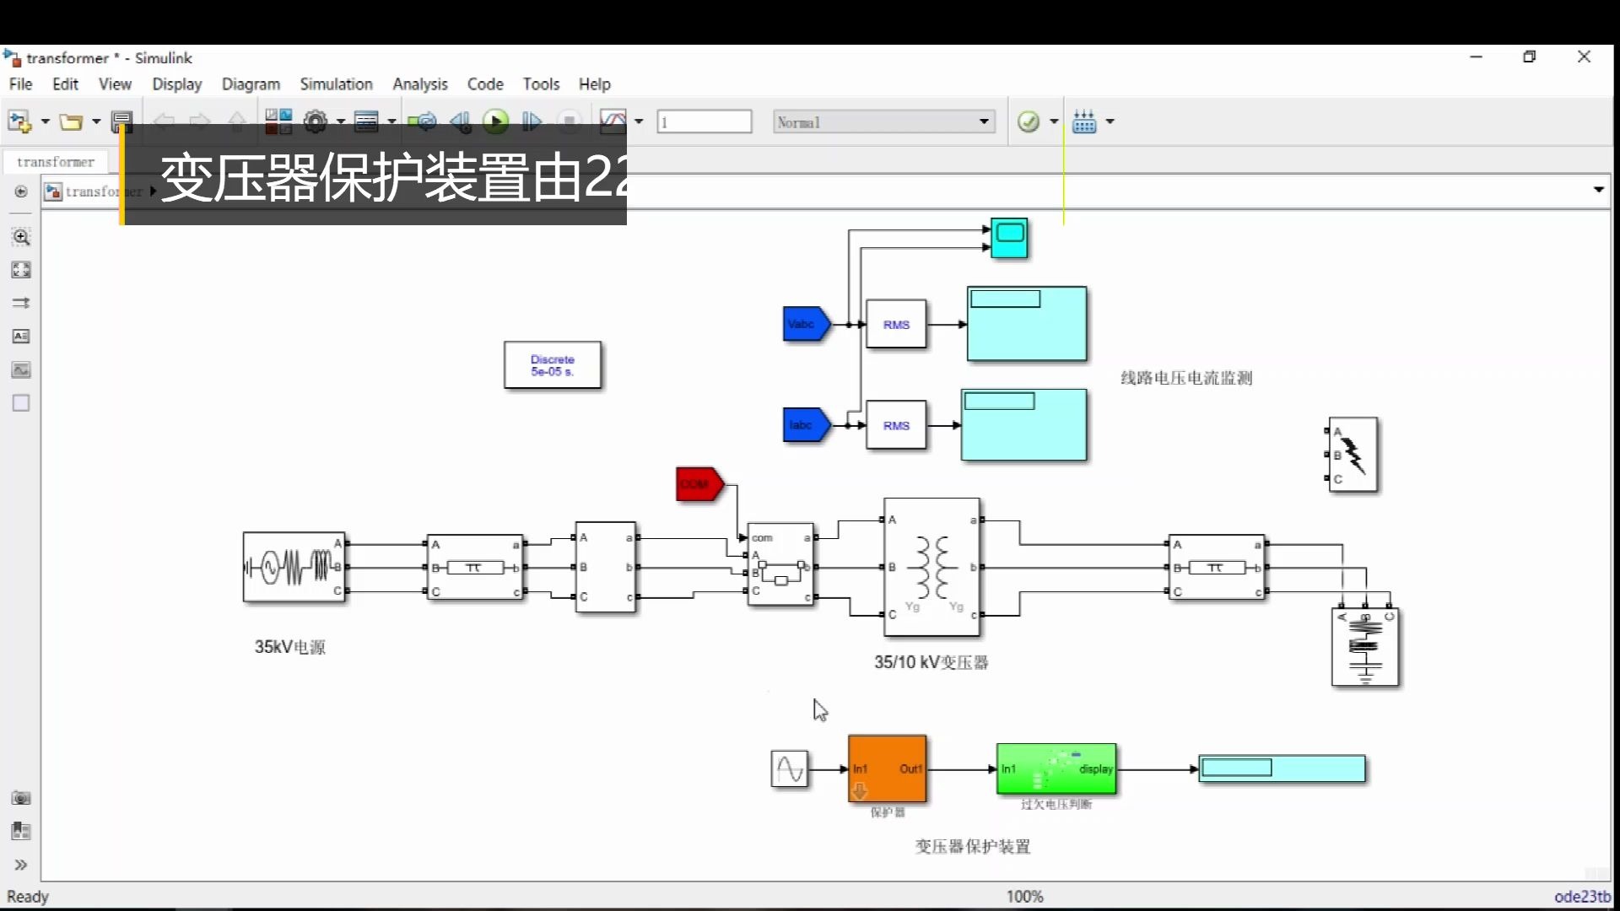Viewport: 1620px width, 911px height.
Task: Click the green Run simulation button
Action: click(495, 121)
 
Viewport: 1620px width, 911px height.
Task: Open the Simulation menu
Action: click(336, 84)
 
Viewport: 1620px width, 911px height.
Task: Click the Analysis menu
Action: click(419, 84)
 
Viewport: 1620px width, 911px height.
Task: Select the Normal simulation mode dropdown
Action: click(883, 122)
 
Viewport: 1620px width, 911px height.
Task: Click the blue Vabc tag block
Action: click(805, 324)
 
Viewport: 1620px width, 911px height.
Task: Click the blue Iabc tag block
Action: click(805, 425)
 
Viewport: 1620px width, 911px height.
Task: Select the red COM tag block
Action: click(698, 484)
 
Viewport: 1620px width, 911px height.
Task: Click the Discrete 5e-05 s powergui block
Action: click(553, 365)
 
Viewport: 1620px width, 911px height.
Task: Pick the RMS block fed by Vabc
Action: click(896, 325)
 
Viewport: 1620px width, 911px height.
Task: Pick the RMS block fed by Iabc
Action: click(896, 426)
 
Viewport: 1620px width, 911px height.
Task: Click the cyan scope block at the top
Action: click(1009, 238)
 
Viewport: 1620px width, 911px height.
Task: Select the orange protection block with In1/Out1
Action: click(887, 768)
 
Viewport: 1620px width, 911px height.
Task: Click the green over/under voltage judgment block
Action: click(1056, 768)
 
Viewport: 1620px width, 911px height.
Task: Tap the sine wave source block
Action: click(789, 769)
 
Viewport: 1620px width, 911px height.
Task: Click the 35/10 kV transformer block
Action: click(931, 567)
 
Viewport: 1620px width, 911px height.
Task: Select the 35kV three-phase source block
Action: click(294, 567)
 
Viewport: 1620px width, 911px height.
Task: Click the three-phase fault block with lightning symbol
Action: click(1353, 455)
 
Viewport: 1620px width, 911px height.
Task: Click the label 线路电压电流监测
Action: click(1185, 378)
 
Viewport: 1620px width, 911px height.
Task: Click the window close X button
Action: click(1584, 57)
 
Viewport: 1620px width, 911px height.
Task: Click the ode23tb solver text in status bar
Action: click(1581, 897)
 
